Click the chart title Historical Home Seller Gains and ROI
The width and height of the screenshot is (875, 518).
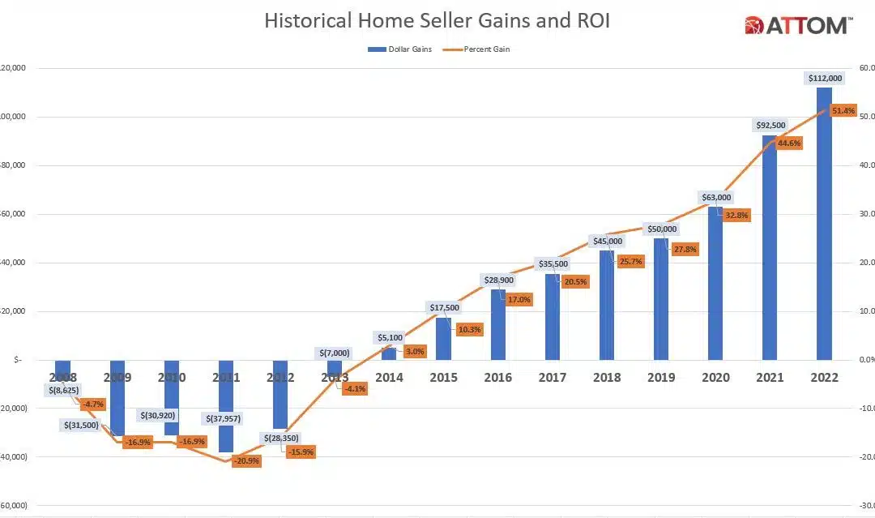point(437,21)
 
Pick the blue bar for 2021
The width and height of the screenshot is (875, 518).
point(770,251)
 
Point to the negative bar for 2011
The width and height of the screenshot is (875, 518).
point(226,405)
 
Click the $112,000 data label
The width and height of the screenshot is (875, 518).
point(826,78)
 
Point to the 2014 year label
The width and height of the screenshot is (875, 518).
point(389,378)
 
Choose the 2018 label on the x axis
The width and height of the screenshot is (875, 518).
point(608,378)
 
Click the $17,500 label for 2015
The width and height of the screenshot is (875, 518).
point(442,308)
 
